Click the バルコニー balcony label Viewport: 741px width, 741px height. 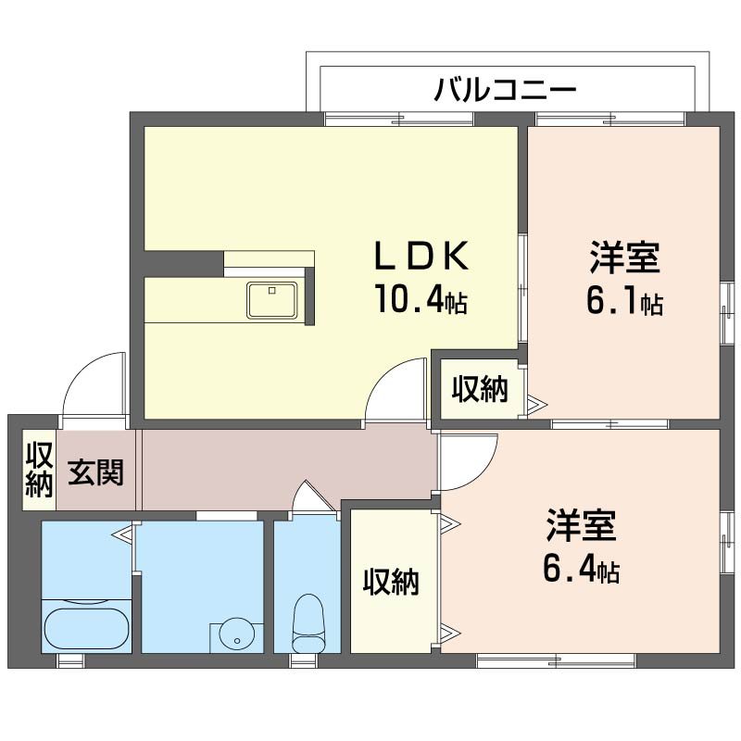coord(506,90)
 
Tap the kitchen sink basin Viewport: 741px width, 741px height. coord(271,299)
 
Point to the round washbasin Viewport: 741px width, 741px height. coord(238,637)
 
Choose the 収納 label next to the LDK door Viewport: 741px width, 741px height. coord(480,391)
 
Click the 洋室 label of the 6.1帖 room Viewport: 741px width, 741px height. coord(623,257)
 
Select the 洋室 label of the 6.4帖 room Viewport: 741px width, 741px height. coord(581,525)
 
